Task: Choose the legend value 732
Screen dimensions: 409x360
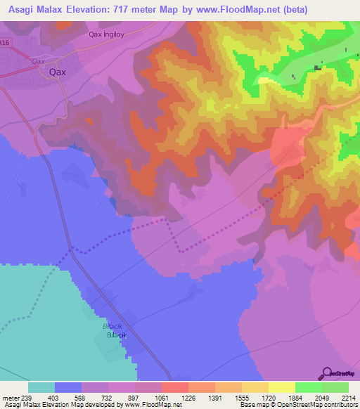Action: pos(108,398)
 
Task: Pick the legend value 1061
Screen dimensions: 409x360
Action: pos(161,398)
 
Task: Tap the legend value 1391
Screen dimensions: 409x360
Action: pos(215,398)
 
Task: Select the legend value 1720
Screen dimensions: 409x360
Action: pos(269,398)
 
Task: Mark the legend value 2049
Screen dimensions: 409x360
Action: pos(322,398)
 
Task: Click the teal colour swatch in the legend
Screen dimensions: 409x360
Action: pos(41,387)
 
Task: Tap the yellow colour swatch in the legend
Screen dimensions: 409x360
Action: pos(282,387)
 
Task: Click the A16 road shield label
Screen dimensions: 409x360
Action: pos(5,44)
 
